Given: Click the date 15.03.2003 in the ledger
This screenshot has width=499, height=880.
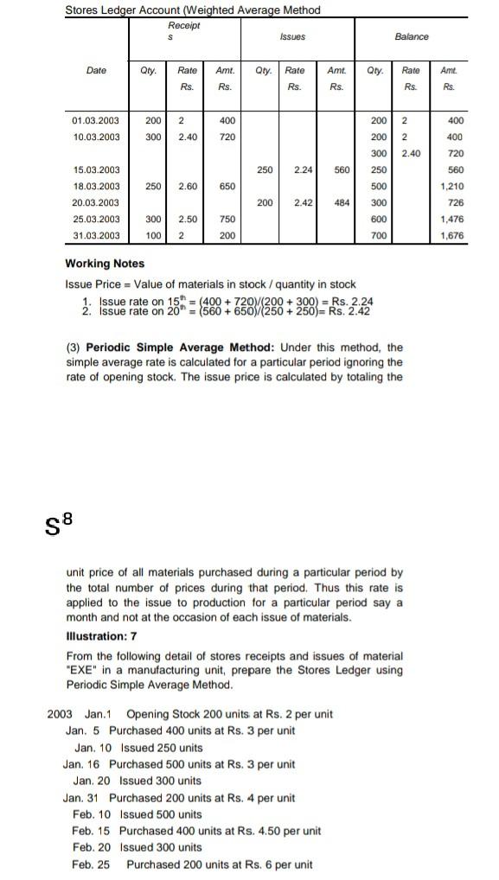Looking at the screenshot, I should click(x=96, y=170).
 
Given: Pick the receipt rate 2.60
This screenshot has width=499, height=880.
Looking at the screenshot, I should click(x=188, y=187).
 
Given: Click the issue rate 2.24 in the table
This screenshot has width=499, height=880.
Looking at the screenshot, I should click(x=303, y=170).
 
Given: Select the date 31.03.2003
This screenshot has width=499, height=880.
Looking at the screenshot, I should click(x=96, y=236).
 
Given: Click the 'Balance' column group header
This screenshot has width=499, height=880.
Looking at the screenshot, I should click(x=411, y=37).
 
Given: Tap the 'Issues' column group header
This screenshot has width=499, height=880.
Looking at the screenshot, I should click(x=292, y=37).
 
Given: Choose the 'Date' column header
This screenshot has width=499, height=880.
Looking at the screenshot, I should click(x=96, y=71).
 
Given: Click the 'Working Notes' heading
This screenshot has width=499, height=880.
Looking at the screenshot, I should click(x=105, y=264).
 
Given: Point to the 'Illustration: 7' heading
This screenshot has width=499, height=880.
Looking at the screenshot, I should click(x=101, y=636).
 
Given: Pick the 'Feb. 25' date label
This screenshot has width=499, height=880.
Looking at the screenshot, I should click(x=92, y=864).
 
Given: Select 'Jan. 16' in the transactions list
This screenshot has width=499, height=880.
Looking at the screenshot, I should click(x=82, y=764).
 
